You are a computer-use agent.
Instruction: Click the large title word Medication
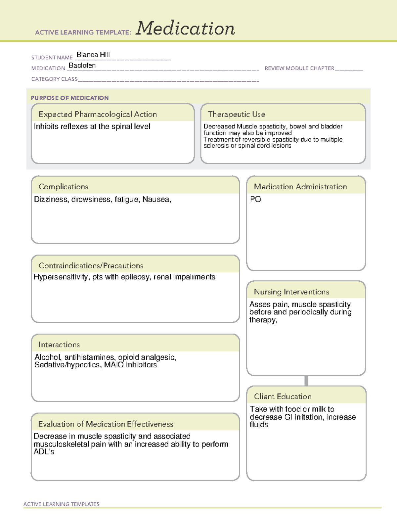(x=185, y=28)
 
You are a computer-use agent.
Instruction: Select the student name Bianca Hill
(x=93, y=55)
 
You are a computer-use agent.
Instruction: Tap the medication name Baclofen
(x=82, y=66)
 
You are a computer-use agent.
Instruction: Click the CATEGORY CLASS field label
(x=54, y=79)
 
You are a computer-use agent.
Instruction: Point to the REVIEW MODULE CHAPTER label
(x=299, y=68)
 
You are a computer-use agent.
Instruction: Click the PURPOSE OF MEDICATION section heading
(x=69, y=98)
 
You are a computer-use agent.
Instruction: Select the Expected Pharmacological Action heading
(x=98, y=114)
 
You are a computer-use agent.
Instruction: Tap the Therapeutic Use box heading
(x=237, y=114)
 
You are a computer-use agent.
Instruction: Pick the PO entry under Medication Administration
(x=255, y=199)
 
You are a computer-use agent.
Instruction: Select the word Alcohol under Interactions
(x=48, y=357)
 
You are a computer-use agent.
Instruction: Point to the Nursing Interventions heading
(x=291, y=292)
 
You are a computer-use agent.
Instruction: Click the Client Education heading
(x=283, y=397)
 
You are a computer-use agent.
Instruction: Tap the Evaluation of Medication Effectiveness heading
(x=106, y=424)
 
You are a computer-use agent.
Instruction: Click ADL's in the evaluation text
(x=44, y=452)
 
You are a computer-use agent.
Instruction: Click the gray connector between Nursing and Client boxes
(x=306, y=381)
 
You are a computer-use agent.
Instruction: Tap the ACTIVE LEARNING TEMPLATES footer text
(x=61, y=504)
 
